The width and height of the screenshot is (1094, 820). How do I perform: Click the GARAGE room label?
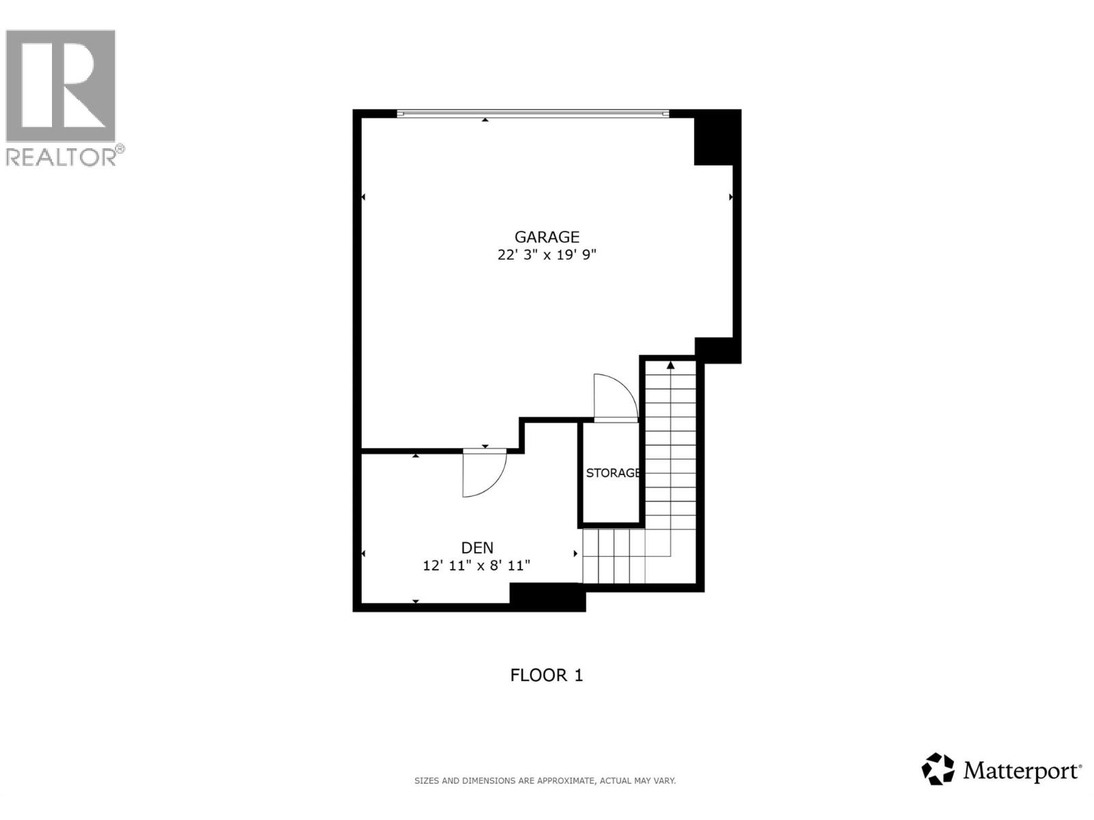[x=546, y=237]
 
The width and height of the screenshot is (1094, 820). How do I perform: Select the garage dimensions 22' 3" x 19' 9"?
[x=546, y=255]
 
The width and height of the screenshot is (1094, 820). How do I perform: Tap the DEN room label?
[x=477, y=547]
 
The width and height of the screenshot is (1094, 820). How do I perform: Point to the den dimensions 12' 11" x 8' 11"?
[x=477, y=566]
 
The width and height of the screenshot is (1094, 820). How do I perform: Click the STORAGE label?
[x=613, y=473]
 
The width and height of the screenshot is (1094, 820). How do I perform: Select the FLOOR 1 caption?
[x=546, y=675]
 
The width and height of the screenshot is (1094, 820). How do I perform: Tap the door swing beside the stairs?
[x=614, y=398]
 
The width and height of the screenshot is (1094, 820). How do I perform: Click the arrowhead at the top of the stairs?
[x=671, y=366]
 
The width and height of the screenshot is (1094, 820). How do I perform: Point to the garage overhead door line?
[x=533, y=113]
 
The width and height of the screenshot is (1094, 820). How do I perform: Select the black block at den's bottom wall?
[x=548, y=597]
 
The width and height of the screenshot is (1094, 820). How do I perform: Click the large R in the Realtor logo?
[x=62, y=85]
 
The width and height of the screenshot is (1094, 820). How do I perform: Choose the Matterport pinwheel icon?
[x=938, y=769]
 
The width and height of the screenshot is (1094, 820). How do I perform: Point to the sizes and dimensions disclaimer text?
[x=545, y=780]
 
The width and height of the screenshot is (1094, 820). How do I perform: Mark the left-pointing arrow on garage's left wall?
[x=363, y=197]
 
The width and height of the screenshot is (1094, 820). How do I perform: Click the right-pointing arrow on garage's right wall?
[x=731, y=197]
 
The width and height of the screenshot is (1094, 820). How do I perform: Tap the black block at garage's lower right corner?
[x=718, y=350]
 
